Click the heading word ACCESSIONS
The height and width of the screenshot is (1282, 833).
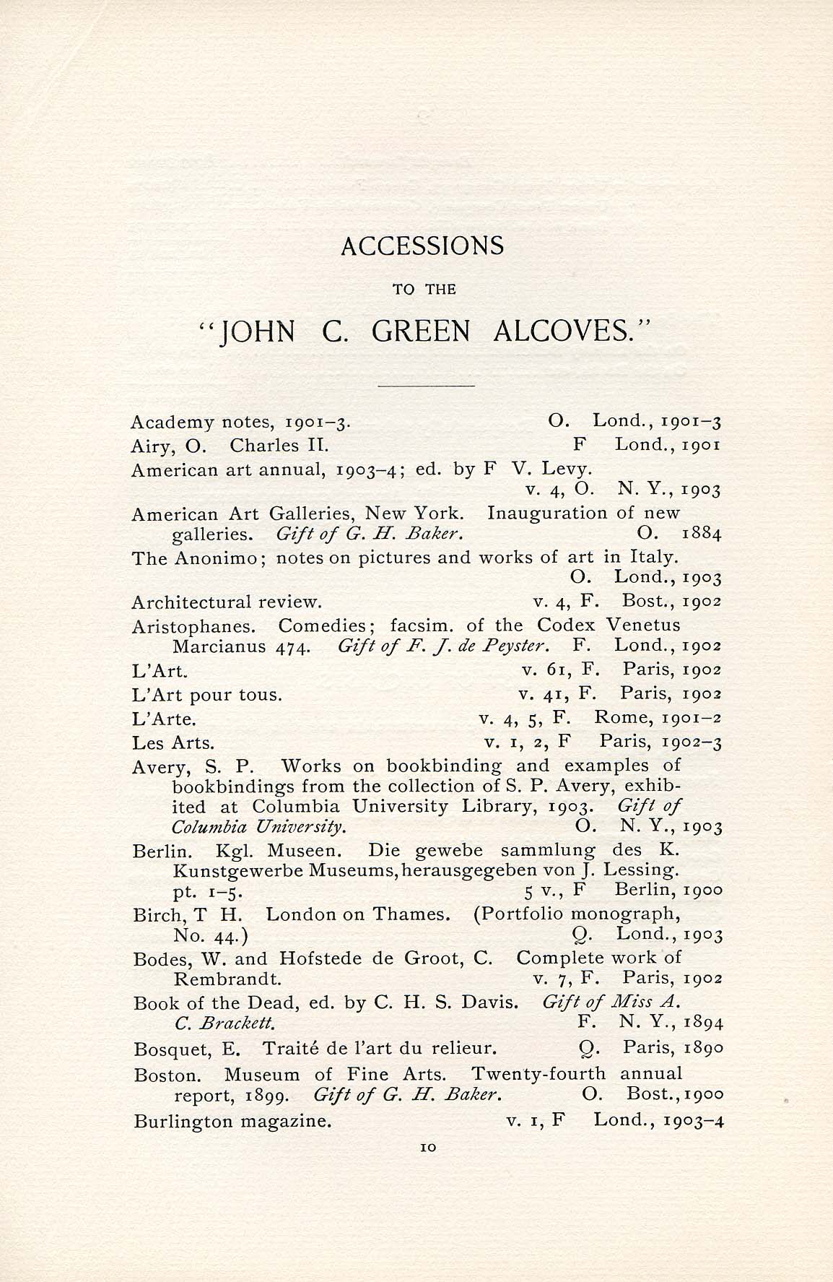[x=422, y=246]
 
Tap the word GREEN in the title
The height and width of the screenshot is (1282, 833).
[x=421, y=332]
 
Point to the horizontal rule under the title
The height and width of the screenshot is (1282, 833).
[x=426, y=386]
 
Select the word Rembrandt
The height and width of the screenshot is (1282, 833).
[x=227, y=979]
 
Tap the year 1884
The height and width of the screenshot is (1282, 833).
[x=702, y=534]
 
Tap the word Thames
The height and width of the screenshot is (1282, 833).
[x=411, y=914]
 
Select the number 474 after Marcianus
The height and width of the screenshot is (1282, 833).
[x=293, y=646]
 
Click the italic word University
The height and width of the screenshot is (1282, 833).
[x=298, y=826]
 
